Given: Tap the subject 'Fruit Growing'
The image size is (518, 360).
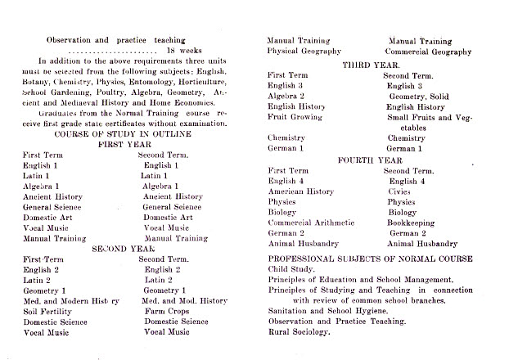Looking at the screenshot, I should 295,117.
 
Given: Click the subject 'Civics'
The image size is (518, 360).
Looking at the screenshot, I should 401,191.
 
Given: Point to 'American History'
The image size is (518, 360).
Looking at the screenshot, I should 302,191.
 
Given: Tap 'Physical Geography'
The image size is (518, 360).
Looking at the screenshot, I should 304,51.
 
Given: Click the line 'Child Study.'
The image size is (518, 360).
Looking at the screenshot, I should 293,269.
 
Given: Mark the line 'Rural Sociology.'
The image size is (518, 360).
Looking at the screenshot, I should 300,332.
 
